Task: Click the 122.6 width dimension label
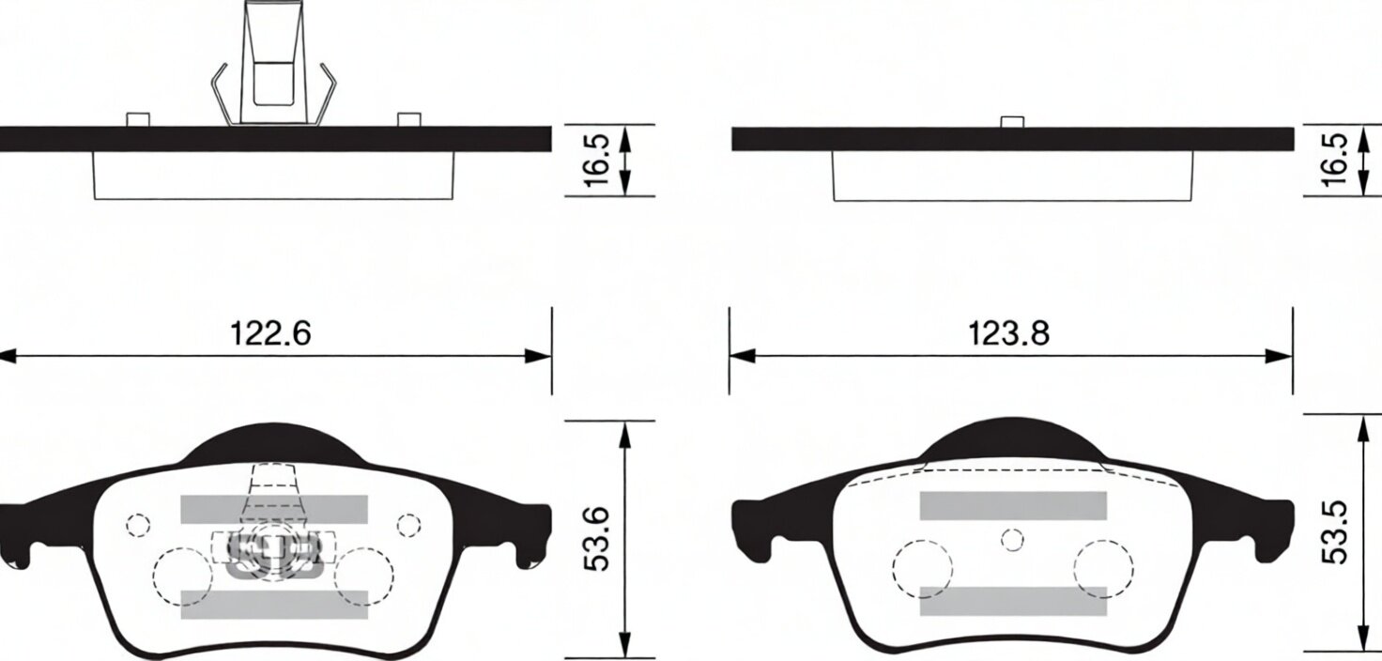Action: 270,333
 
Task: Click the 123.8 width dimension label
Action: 1008,334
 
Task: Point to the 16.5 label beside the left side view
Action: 596,160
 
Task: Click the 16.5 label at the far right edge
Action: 1334,160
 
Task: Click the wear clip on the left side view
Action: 273,65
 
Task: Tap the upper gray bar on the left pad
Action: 274,509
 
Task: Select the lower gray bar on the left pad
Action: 274,605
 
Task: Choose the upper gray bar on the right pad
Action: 1013,506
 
